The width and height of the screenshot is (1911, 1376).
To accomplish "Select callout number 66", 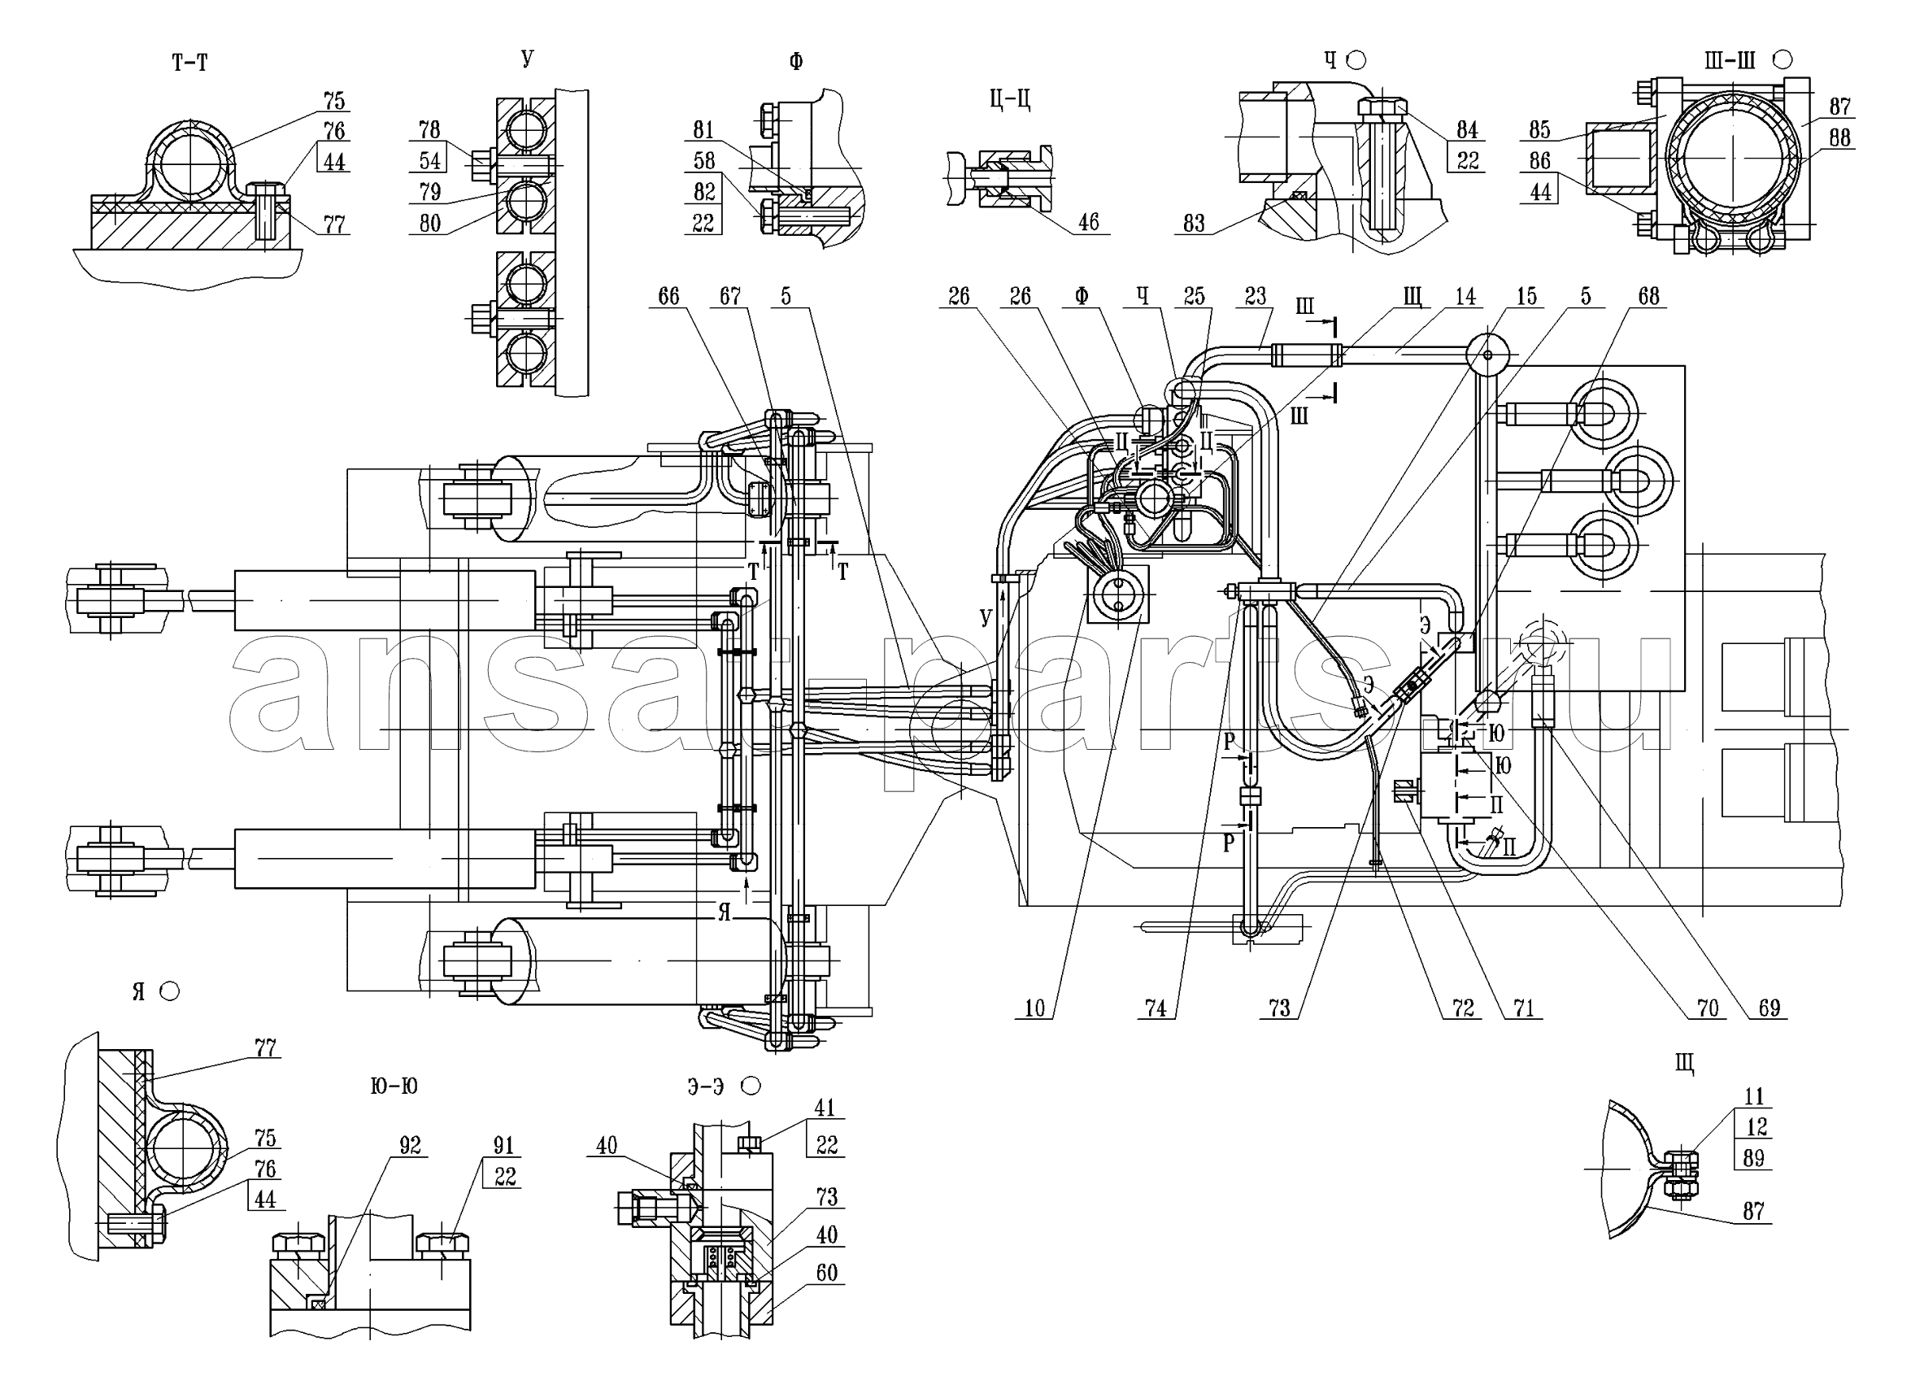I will tap(668, 296).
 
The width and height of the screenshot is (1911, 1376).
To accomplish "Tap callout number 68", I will tap(1648, 296).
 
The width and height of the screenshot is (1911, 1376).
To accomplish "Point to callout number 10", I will tap(1034, 1008).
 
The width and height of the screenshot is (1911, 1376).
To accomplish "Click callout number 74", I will tap(1156, 1008).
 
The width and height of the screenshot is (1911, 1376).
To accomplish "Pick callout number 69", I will tap(1769, 1008).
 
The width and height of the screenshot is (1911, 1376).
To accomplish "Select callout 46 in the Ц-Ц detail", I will tap(1089, 222).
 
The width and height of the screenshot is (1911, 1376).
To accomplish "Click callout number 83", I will tap(1194, 224).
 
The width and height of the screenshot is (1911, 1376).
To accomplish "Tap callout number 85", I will tap(1539, 130).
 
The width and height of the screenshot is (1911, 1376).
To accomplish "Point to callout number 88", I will tap(1839, 137).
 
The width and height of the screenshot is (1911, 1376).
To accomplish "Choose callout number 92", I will tap(410, 1145).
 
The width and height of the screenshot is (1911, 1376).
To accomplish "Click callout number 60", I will tap(826, 1273).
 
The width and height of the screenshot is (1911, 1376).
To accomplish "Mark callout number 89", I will tap(1753, 1158).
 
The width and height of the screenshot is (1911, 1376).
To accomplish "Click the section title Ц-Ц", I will tap(1010, 99).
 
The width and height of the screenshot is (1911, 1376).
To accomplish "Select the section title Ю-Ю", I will tap(394, 1086).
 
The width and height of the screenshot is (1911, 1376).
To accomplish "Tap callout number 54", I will tap(429, 160).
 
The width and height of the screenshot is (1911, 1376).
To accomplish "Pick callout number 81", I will tap(703, 130).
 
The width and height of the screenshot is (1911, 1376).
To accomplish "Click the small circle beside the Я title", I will tap(169, 991).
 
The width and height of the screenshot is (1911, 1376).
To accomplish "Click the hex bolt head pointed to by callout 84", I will tap(1382, 109).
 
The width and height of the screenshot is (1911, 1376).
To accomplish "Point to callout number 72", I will tap(1463, 1008).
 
